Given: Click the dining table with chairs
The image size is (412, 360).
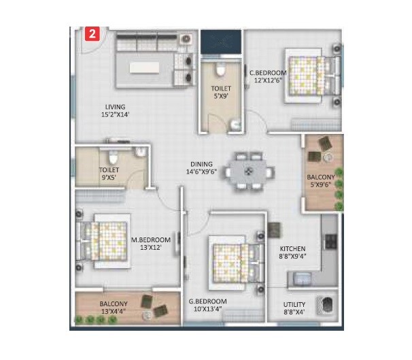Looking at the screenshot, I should pyautogui.click(x=250, y=169).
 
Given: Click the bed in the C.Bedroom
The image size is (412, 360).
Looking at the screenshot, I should pyautogui.click(x=306, y=74).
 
